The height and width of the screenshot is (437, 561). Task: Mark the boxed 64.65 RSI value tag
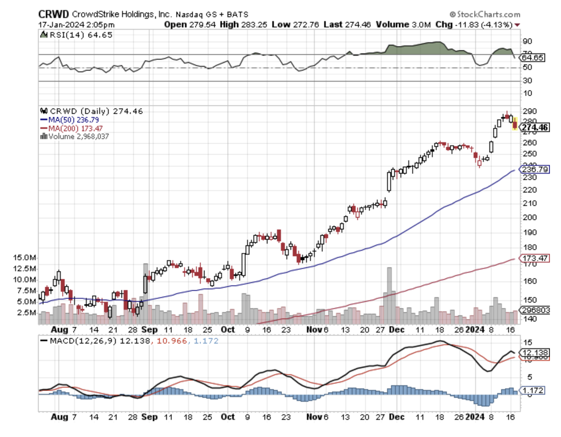(532, 58)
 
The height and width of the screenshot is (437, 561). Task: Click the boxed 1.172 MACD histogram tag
(533, 391)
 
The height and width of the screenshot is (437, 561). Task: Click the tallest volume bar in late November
(389, 295)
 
